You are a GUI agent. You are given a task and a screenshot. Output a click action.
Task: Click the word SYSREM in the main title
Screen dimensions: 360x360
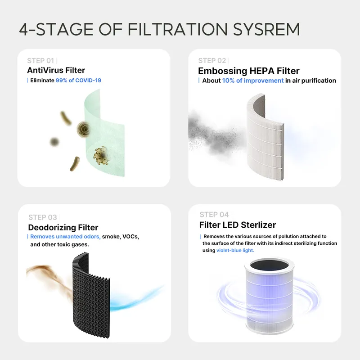[x=266, y=29]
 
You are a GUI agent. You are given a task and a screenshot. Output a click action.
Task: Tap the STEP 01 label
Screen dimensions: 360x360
[x=40, y=61]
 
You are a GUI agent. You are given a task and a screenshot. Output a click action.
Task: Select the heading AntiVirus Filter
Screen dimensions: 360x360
[x=56, y=70]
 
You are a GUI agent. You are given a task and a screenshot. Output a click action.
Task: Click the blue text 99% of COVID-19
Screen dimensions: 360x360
[x=78, y=81]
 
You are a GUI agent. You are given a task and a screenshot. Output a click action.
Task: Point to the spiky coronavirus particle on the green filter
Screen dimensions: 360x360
[x=101, y=155]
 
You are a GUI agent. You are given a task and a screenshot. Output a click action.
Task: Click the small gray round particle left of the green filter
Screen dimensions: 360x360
[x=54, y=142]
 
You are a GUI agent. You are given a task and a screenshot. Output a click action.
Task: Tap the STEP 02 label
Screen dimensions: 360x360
[x=212, y=61]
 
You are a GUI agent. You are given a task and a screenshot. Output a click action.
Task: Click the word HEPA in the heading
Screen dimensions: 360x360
[x=262, y=71]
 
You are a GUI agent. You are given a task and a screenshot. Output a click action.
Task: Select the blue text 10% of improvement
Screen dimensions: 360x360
[x=253, y=81]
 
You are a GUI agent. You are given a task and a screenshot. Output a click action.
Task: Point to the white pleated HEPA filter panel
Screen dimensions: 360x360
[x=265, y=138]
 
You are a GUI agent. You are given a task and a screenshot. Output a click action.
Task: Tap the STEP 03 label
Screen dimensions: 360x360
[x=42, y=217]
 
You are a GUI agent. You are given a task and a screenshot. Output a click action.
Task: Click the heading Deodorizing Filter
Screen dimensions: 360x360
[x=63, y=228]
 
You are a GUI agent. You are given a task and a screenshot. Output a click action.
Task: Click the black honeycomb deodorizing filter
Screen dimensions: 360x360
[x=91, y=295]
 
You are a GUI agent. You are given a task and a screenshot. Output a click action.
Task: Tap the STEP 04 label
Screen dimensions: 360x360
[x=214, y=215]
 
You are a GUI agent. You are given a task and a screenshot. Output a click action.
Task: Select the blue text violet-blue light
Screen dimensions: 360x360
[x=235, y=250]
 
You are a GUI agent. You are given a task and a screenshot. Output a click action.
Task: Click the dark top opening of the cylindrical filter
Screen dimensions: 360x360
[x=269, y=265]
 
